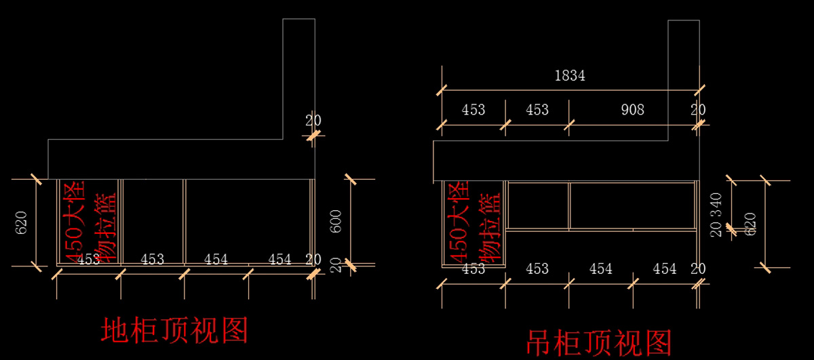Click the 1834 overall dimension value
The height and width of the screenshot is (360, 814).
click(569, 76)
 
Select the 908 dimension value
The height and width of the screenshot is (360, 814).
click(632, 109)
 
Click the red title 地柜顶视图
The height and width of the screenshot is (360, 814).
click(174, 330)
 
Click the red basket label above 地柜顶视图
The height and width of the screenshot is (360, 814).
click(88, 222)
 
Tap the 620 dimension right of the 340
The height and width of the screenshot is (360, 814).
click(750, 224)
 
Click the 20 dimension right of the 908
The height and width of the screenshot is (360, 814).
click(698, 109)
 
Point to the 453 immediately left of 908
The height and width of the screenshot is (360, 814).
click(537, 109)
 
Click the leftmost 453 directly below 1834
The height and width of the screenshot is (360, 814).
click(473, 109)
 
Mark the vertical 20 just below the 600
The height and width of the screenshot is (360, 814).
click(336, 264)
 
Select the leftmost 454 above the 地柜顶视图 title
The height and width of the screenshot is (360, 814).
click(216, 259)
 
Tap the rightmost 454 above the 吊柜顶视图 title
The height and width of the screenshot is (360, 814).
click(664, 268)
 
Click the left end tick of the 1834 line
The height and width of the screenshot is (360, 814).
click(442, 89)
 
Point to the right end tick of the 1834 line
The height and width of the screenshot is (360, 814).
click(698, 89)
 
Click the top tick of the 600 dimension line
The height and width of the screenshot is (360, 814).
click(351, 179)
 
